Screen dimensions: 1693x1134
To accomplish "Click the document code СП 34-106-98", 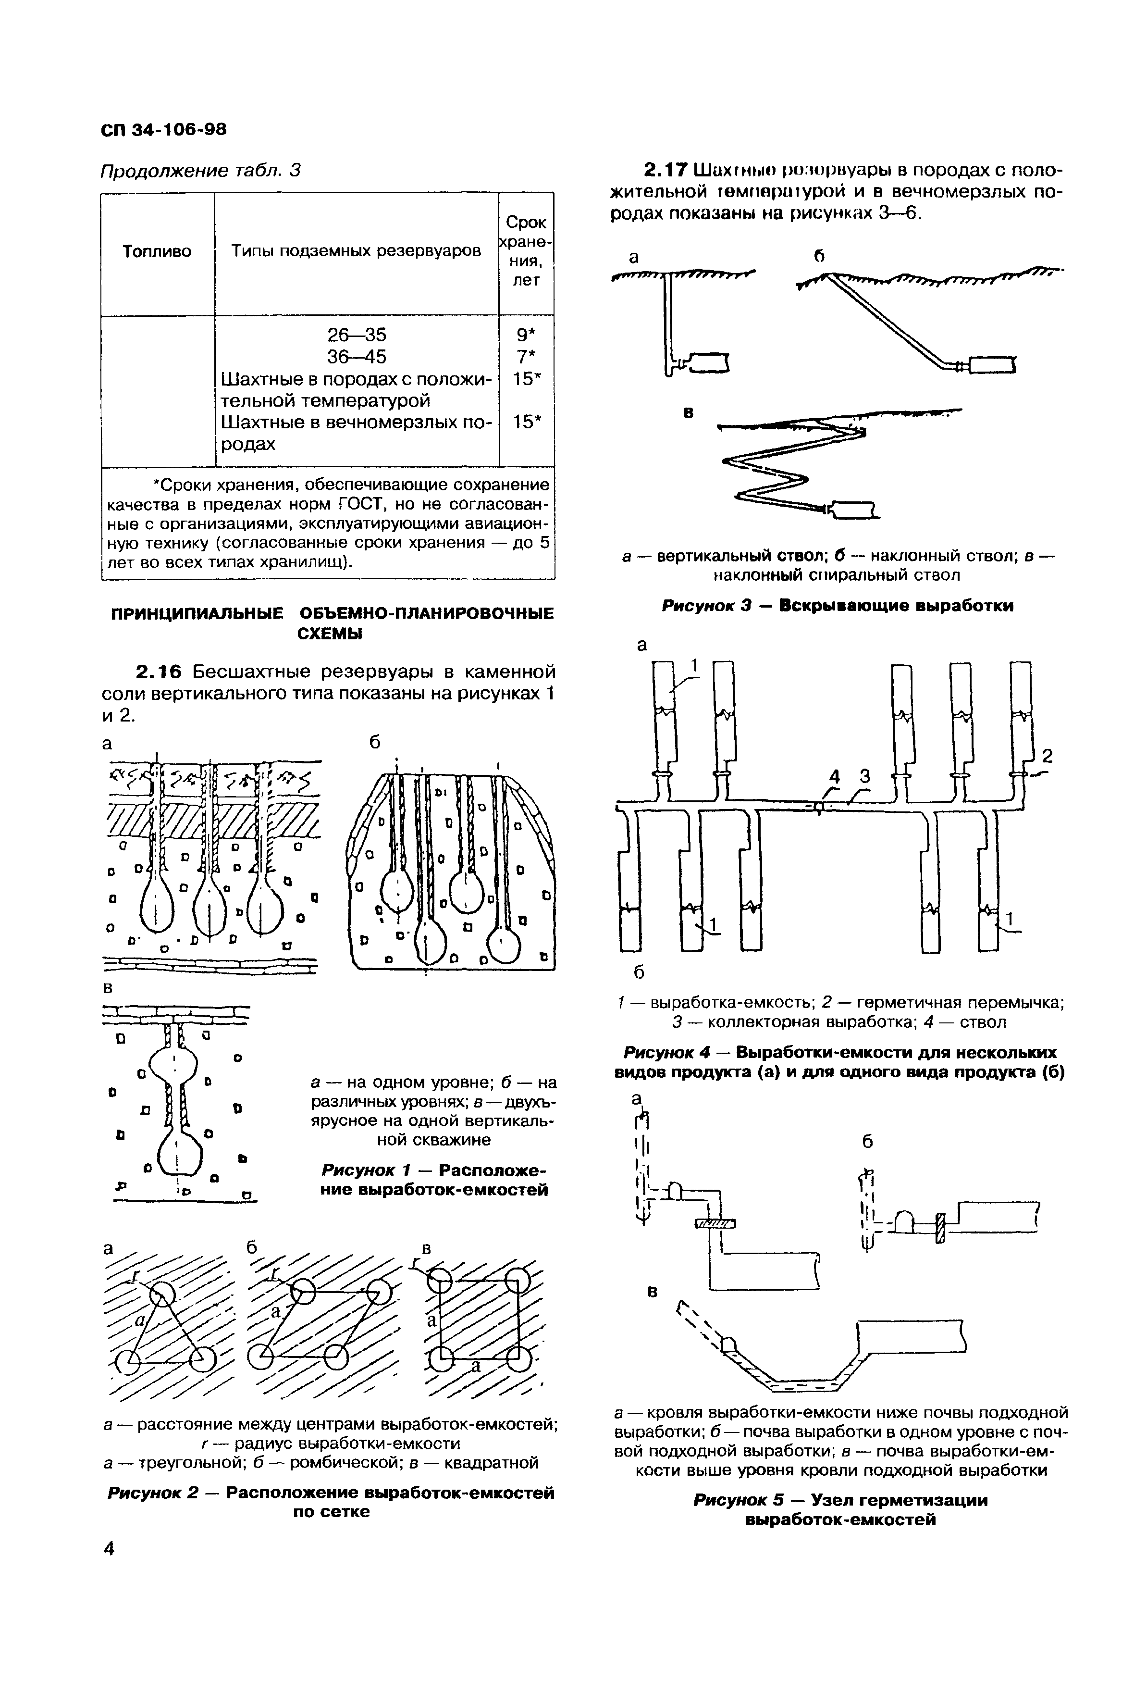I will pos(163,129).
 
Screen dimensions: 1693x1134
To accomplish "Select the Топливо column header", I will pos(157,251).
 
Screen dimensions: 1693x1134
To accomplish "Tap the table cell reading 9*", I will pos(526,335).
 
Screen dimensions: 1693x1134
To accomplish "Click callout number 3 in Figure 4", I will pos(863,776).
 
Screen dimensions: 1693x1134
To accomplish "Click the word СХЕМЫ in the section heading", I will pos(330,634).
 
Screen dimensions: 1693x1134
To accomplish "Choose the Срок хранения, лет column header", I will pos(526,251).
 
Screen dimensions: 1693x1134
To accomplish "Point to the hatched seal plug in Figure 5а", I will pos(715,1223).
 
